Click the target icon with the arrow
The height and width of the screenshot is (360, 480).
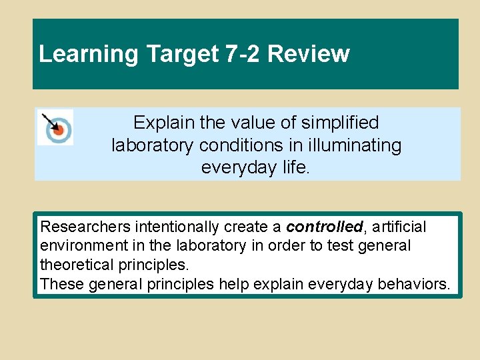click(x=55, y=127)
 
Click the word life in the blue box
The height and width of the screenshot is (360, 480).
click(x=294, y=167)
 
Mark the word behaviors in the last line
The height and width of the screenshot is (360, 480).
click(x=413, y=284)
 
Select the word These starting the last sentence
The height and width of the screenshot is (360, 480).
click(x=59, y=284)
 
